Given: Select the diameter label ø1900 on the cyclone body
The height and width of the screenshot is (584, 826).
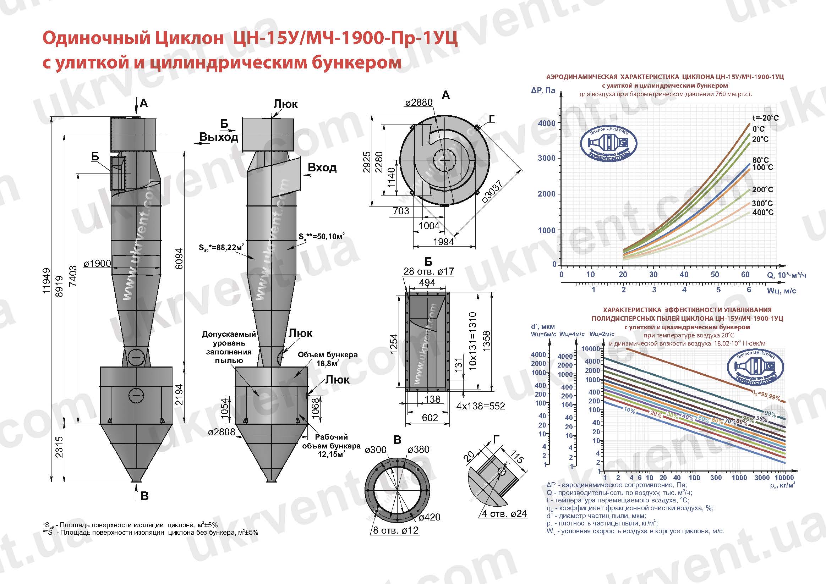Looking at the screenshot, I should [x=97, y=264].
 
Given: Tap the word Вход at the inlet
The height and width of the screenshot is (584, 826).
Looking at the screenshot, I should [x=322, y=167].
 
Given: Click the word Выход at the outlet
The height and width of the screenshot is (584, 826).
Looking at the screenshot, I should [x=218, y=137].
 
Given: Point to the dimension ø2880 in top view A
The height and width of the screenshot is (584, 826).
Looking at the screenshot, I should [x=419, y=103].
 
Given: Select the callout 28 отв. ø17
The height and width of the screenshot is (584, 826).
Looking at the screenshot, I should [x=428, y=271].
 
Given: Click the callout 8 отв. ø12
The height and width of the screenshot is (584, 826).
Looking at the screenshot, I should [x=396, y=530].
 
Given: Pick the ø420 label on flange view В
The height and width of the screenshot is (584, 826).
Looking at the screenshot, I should [x=430, y=517].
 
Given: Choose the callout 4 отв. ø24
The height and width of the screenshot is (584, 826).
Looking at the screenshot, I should [x=504, y=513].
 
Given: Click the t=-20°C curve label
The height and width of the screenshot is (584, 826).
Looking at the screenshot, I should [x=766, y=118].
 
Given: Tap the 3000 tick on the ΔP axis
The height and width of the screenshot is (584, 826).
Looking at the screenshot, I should [x=547, y=158].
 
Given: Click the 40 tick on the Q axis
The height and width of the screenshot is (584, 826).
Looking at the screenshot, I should [x=684, y=274].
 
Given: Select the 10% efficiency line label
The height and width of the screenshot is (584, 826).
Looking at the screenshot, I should [x=629, y=410].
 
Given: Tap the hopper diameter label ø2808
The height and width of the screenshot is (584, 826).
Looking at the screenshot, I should [x=221, y=432].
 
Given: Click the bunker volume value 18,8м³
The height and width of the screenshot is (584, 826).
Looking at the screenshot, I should [x=327, y=364].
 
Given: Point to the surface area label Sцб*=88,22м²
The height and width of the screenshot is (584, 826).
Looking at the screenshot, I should [x=221, y=247].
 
